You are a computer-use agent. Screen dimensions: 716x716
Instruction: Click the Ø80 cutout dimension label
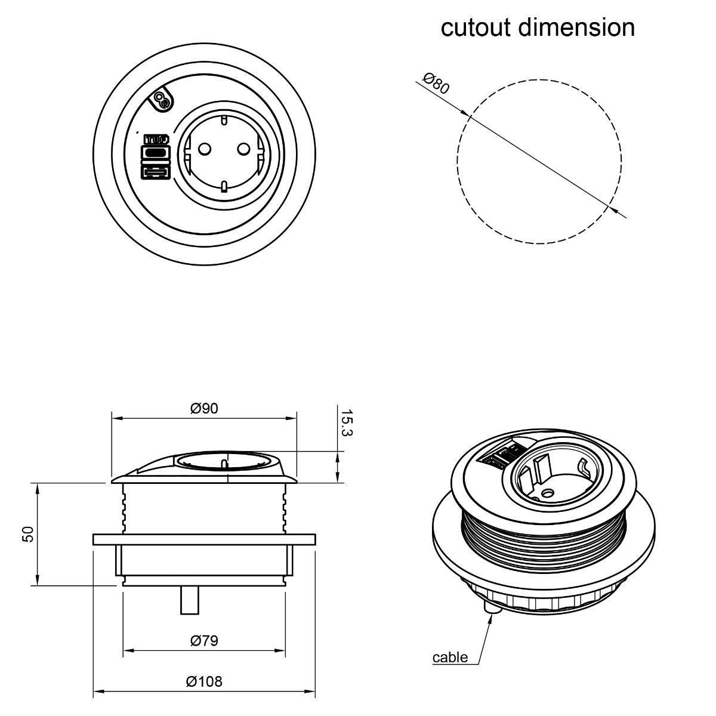coord(436,84)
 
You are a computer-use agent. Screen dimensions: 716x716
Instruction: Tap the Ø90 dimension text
coord(204,408)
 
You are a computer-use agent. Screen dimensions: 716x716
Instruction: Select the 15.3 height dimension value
coord(346,422)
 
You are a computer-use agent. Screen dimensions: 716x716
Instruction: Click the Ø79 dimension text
coord(204,641)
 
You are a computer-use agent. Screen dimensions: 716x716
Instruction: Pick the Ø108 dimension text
coord(204,681)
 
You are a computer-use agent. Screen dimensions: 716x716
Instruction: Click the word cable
coord(450,658)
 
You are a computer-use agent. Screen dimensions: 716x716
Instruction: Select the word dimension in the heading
coord(576,27)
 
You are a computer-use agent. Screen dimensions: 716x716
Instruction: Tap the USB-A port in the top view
coord(155,173)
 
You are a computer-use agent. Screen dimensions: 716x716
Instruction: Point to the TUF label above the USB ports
coord(155,140)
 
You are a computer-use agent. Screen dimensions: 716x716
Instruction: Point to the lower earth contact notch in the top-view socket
coord(224,186)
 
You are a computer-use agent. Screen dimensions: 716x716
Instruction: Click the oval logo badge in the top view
coord(162,100)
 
